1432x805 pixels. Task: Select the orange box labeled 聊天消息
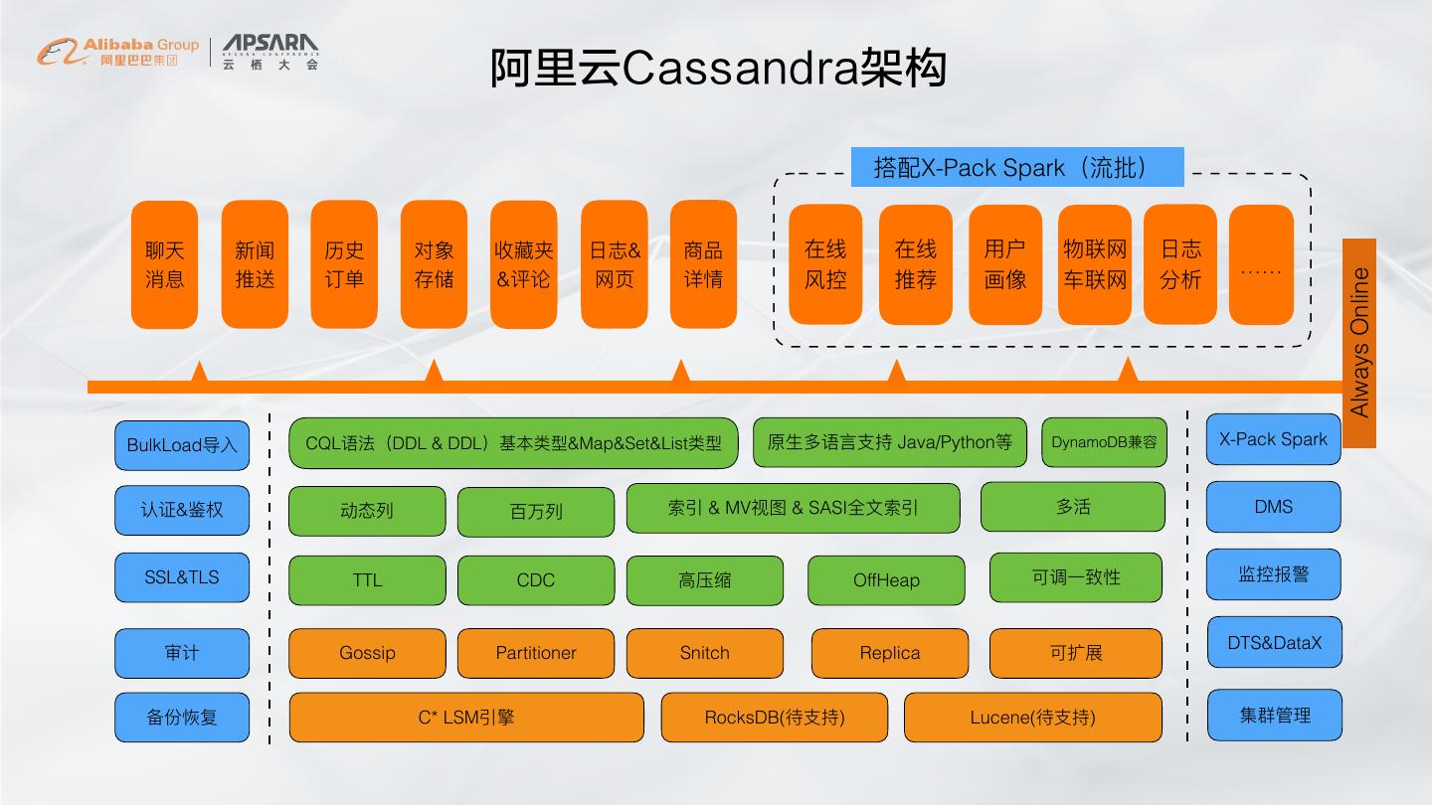tap(165, 264)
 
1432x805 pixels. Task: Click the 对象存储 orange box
tap(434, 264)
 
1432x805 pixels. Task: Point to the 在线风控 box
tap(825, 264)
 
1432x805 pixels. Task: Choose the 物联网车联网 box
tap(1094, 264)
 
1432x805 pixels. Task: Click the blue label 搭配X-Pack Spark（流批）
tap(1016, 167)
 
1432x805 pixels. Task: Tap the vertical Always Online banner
tap(1359, 343)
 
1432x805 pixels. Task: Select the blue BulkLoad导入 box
tap(182, 445)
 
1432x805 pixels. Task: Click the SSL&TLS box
tap(182, 577)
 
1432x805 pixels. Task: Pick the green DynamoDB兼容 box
tap(1104, 442)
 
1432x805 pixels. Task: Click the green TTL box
tap(367, 580)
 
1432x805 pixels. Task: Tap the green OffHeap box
tap(886, 580)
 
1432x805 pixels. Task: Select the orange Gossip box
tap(367, 653)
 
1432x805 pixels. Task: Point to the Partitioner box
tap(536, 653)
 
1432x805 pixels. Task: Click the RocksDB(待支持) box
tap(775, 717)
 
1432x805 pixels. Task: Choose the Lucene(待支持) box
tap(1032, 717)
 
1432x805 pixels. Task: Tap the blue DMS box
tap(1273, 507)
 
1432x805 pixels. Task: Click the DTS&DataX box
tap(1274, 643)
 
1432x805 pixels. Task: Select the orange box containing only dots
tap(1261, 264)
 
